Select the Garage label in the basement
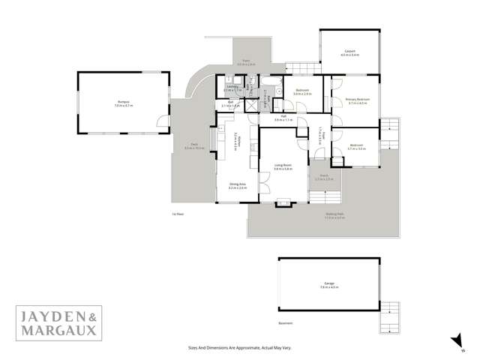(324, 285)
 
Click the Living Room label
(283, 166)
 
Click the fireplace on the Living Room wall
(284, 201)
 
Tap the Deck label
(194, 147)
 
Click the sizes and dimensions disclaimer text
(239, 348)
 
